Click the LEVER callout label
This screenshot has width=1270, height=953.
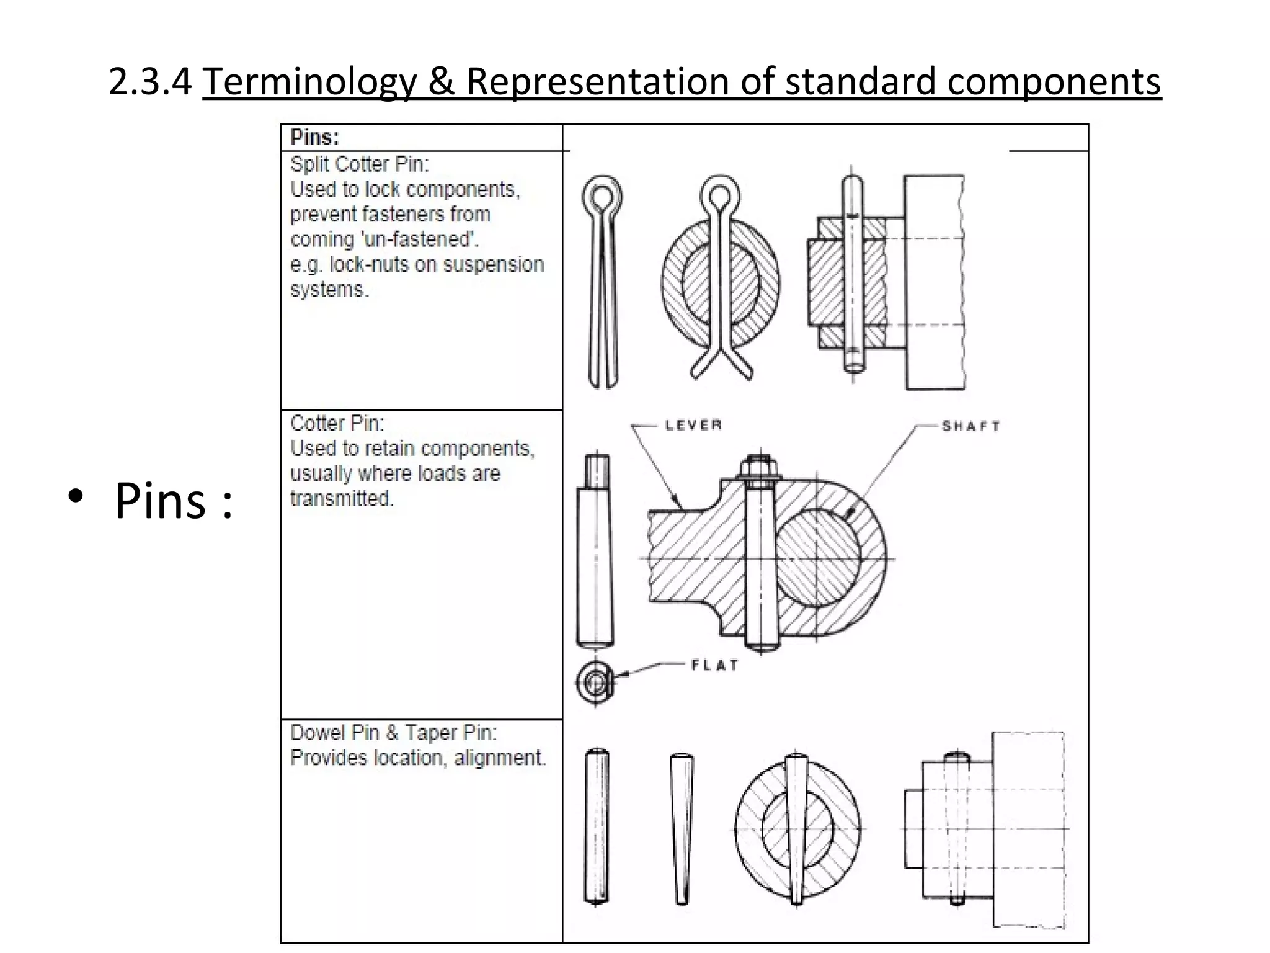pos(693,426)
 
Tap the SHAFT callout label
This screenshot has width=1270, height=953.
pos(971,426)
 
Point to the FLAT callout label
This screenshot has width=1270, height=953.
pos(715,665)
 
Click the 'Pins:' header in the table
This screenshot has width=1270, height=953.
pos(315,137)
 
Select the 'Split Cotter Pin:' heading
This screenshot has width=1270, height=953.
pos(360,164)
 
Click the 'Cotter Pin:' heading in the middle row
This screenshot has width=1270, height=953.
pos(337,424)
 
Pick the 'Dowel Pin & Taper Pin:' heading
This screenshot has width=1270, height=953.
pos(394,733)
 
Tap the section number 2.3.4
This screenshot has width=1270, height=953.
pos(150,81)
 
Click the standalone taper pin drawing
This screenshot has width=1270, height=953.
pos(682,828)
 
